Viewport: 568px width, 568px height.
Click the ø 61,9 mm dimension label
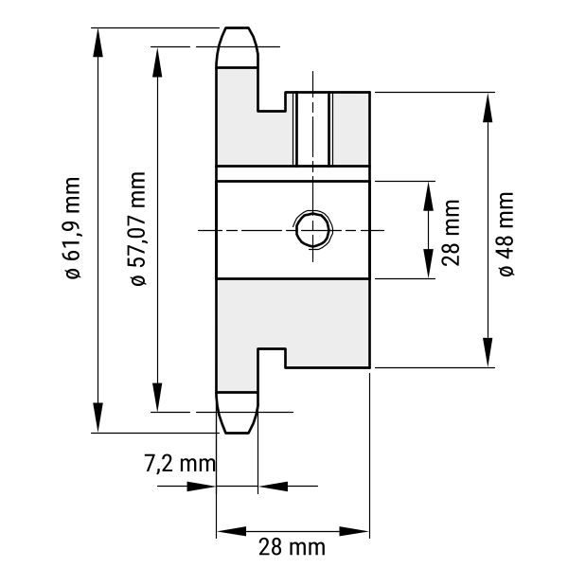tap(72, 228)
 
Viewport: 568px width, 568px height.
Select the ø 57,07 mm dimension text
tap(138, 229)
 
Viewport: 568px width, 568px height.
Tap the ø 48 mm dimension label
tap(506, 235)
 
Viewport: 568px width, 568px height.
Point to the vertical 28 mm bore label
tap(451, 233)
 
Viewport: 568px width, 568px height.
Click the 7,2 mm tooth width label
tap(180, 463)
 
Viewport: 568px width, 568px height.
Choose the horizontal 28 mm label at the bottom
tap(292, 547)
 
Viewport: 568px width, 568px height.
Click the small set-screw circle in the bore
tap(312, 230)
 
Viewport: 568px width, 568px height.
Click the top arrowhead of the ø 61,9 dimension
tap(98, 43)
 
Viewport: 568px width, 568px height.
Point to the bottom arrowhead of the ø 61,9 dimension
tap(98, 417)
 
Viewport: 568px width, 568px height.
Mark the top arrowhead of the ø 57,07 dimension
tap(157, 62)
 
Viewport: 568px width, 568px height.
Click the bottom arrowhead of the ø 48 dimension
tap(488, 352)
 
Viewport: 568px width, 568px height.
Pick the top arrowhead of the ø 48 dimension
tap(488, 108)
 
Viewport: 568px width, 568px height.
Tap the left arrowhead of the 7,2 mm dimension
tap(201, 487)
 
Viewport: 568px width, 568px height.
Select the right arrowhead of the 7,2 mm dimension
tap(274, 487)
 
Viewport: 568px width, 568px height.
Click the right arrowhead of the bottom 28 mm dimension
tap(354, 531)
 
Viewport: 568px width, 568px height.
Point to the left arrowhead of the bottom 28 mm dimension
tap(232, 531)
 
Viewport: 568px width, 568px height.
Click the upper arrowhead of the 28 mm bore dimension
tap(429, 196)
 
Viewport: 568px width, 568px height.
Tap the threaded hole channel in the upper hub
tap(312, 129)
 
